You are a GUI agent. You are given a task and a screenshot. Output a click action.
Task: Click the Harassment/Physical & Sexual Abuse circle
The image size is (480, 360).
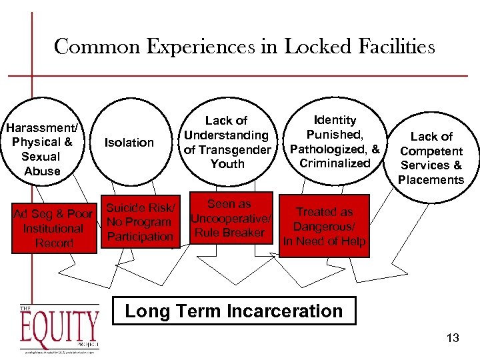coord(41,149)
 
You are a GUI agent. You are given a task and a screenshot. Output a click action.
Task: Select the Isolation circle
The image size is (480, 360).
coord(129,143)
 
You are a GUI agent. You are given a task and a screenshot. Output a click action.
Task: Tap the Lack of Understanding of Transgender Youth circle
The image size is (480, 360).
coord(227,142)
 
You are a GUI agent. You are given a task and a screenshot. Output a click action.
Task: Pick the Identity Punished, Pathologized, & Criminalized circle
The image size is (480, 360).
coord(335,141)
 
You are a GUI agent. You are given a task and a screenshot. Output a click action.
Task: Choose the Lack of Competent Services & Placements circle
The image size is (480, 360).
coord(431,158)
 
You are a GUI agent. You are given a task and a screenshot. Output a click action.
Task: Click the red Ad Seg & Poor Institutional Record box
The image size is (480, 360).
coord(53,228)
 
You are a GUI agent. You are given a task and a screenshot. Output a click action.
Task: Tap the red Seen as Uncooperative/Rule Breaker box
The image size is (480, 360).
coord(230,218)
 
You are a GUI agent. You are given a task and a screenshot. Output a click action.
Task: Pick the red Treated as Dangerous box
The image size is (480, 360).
coord(325,226)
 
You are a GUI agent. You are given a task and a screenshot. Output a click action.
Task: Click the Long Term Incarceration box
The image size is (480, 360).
coord(234,311)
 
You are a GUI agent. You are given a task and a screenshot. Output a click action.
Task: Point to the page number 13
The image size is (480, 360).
coord(453,338)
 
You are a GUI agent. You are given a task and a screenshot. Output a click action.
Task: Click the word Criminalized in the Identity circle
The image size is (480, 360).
coord(335,163)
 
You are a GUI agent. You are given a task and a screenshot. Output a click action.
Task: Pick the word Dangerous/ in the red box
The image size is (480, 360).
coord(325,227)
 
